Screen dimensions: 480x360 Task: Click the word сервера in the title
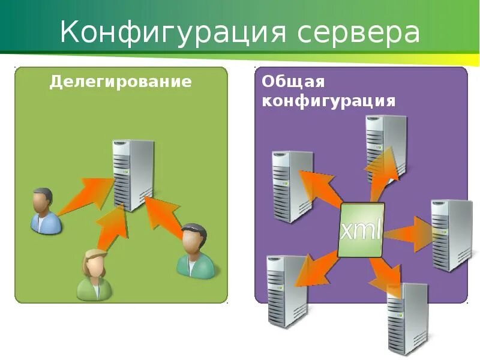(358, 33)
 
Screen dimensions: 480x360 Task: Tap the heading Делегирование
(121, 82)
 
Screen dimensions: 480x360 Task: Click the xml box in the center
(361, 230)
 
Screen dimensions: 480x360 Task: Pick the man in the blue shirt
(45, 211)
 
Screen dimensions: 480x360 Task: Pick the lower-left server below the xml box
(287, 290)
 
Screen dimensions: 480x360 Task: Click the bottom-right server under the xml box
(407, 318)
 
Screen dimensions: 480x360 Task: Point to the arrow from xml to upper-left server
(318, 189)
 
